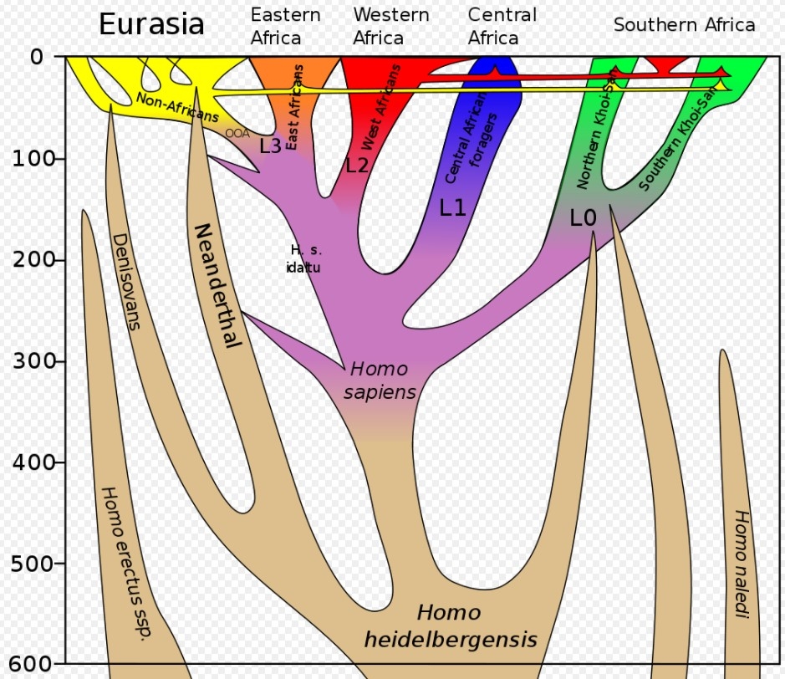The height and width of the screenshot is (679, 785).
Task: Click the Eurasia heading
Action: coord(151,24)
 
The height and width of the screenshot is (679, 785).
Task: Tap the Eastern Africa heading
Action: coord(285,26)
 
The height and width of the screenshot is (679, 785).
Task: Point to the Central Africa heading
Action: coord(501,26)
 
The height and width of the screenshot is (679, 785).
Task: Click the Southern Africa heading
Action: coord(684,24)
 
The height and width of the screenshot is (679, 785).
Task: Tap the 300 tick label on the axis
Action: coord(32,361)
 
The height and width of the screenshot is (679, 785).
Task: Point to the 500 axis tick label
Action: coord(32,564)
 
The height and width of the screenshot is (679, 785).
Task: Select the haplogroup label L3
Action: coord(270,145)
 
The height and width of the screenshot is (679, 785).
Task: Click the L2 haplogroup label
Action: coord(357,165)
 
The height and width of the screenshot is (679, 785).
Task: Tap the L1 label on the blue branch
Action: coord(452,208)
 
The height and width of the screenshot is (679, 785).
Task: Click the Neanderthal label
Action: coord(217,285)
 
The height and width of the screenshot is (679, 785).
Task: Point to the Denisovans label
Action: coord(125,280)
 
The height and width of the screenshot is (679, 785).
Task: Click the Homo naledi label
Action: coord(740,564)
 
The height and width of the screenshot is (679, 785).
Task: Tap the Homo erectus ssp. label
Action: coord(126,563)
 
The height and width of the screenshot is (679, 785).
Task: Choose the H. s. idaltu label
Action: coord(305,258)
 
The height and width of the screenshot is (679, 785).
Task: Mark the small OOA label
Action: coord(237,133)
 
